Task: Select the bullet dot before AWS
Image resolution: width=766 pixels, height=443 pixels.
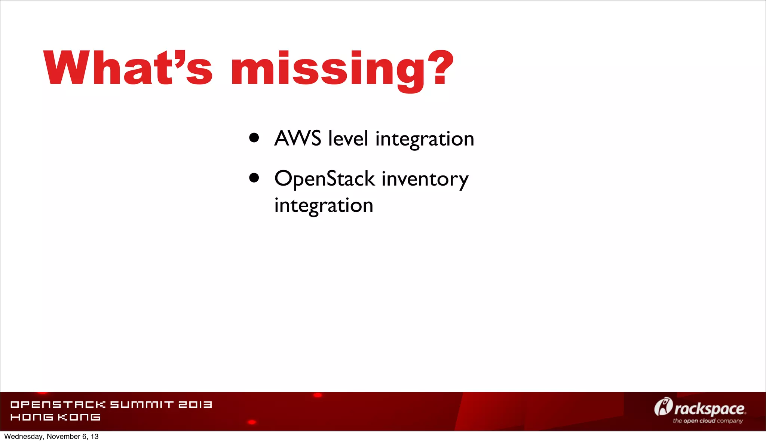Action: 254,138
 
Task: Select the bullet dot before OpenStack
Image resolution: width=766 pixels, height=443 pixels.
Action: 254,178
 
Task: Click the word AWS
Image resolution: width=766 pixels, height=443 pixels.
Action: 298,138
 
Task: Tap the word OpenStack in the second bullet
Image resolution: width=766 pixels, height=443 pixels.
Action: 324,178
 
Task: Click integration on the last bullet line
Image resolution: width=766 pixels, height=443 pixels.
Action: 324,206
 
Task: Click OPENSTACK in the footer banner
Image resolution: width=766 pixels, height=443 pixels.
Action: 58,404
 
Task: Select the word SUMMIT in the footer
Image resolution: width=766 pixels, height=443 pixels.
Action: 142,404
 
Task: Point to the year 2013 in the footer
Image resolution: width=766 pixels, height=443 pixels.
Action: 195,404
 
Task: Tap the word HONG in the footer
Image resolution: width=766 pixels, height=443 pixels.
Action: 32,417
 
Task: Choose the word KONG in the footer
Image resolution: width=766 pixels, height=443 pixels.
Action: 79,417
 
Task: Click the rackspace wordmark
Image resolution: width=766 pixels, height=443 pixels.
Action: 710,409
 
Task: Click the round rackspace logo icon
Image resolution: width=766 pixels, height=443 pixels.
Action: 663,407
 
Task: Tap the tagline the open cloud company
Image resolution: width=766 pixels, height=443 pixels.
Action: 708,421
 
